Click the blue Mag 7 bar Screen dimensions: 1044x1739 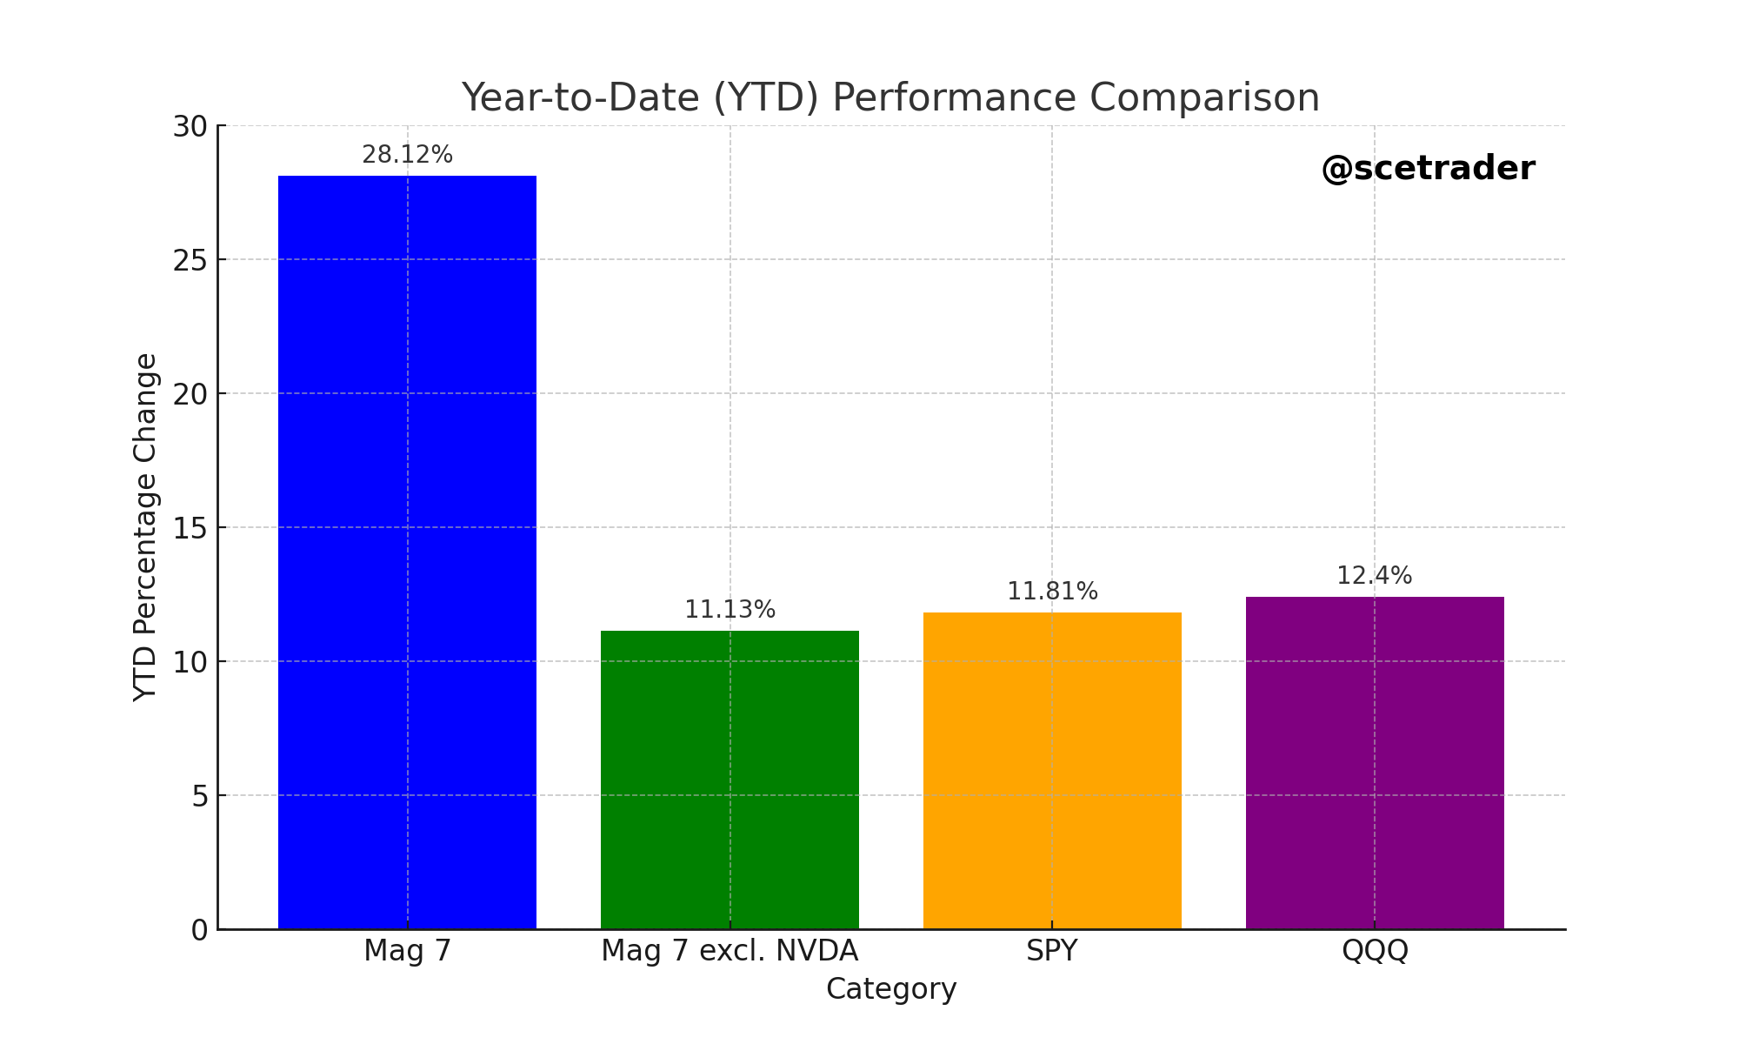[x=407, y=552]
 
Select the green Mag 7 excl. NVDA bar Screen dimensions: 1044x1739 [x=730, y=780]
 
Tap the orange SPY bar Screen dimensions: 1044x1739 [x=1052, y=771]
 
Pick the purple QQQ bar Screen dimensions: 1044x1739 [x=1375, y=763]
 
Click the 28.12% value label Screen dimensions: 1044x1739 [x=407, y=155]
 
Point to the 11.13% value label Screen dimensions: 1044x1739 [x=730, y=610]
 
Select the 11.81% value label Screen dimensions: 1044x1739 [x=1052, y=592]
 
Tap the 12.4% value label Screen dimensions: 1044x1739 [x=1374, y=576]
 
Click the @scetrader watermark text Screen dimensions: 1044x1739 [x=1428, y=169]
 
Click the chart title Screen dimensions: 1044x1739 [x=890, y=97]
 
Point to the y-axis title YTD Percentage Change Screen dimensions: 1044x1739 [x=146, y=527]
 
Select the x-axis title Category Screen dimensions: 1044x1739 [x=891, y=989]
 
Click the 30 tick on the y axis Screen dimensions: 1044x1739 [x=190, y=127]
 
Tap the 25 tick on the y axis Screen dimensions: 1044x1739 [x=190, y=260]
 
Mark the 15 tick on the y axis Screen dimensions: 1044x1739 [x=190, y=528]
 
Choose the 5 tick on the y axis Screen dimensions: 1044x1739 [x=199, y=796]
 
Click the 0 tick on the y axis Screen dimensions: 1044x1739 [x=199, y=930]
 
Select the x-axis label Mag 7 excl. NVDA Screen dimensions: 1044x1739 [x=730, y=951]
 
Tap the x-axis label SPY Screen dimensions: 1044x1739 [x=1052, y=951]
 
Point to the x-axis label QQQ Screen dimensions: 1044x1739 [x=1375, y=951]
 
